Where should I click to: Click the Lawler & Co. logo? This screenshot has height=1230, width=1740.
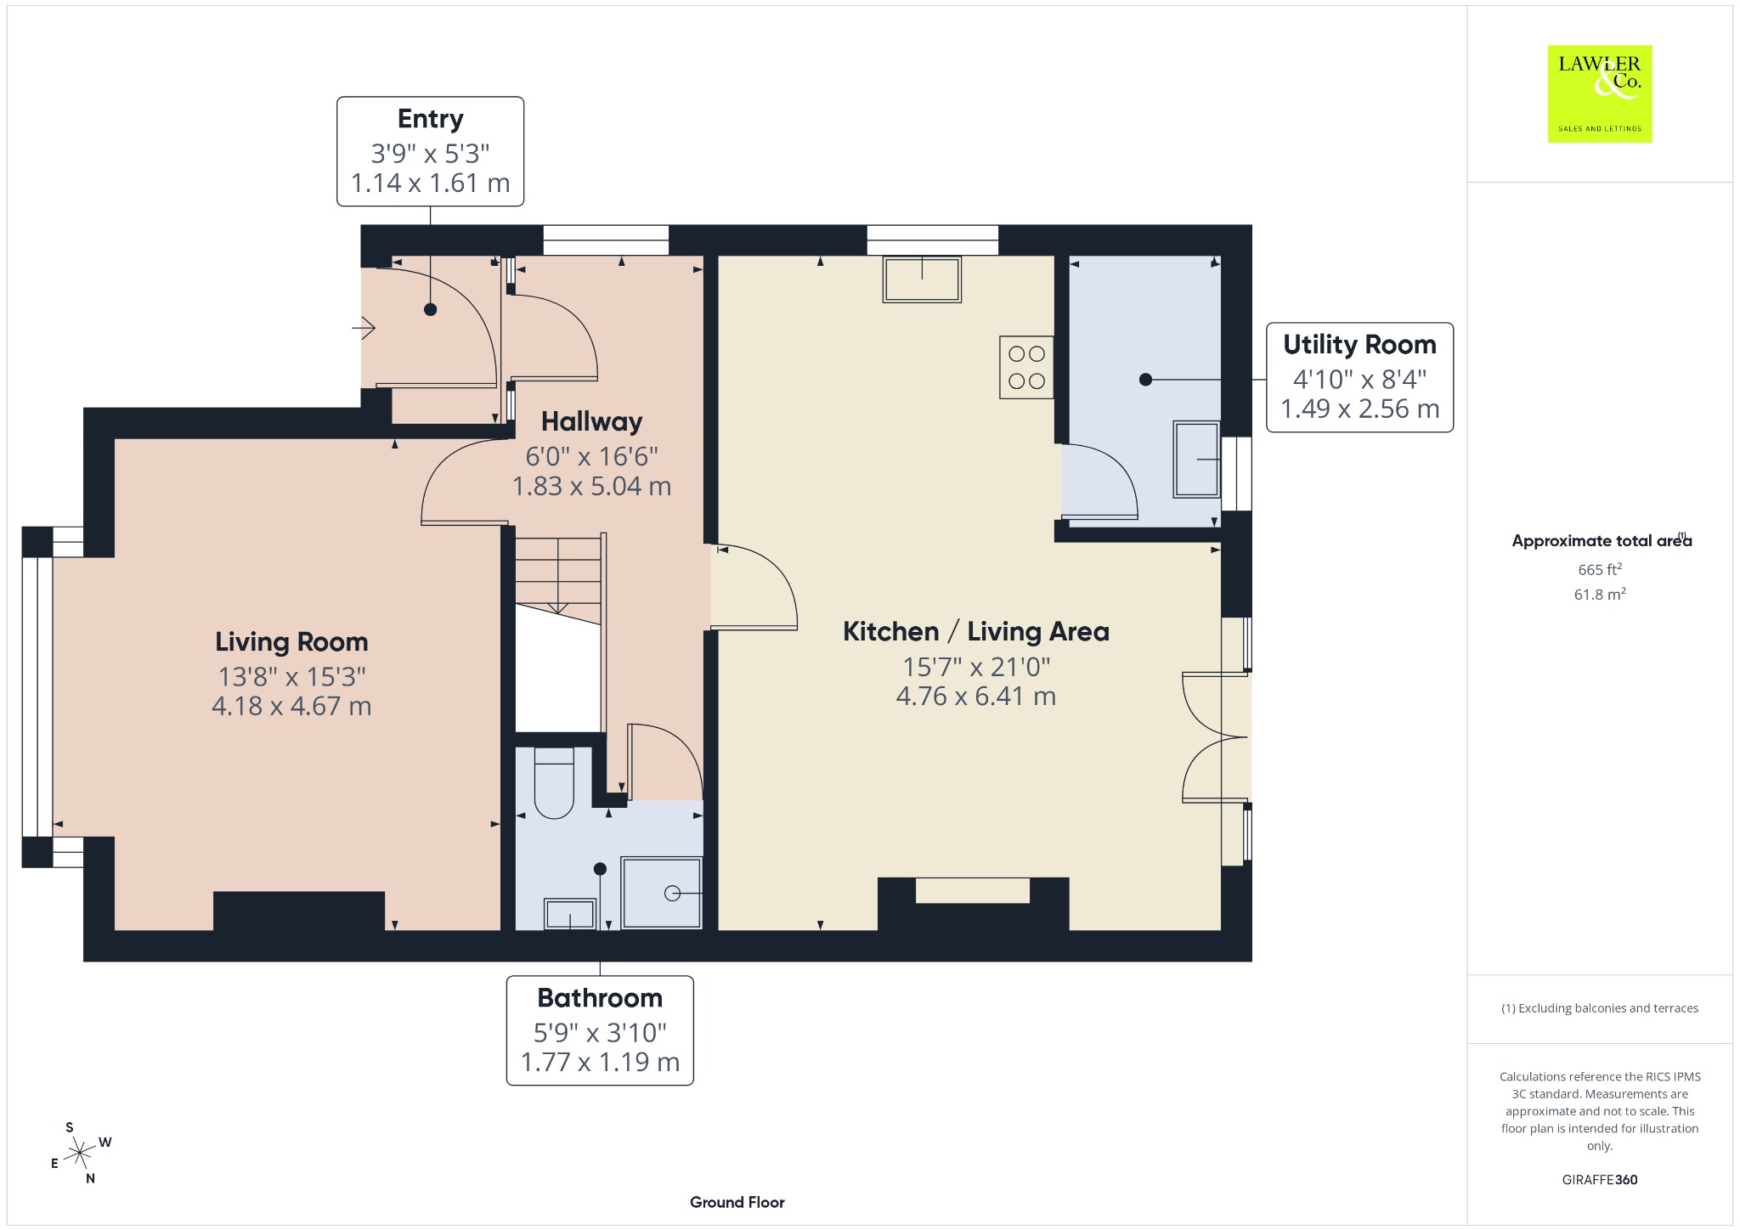(x=1599, y=93)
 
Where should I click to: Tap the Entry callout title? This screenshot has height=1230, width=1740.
(x=430, y=119)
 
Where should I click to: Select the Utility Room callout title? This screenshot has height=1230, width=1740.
(x=1359, y=344)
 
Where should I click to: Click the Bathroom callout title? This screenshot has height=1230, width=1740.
(x=600, y=997)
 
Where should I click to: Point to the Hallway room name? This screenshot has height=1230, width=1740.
(x=591, y=421)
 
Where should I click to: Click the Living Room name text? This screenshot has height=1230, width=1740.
(x=291, y=641)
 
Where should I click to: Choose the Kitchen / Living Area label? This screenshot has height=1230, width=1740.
(x=976, y=631)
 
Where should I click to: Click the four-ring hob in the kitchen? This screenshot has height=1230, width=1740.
(x=1026, y=368)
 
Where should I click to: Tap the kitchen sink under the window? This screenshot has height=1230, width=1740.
(x=922, y=279)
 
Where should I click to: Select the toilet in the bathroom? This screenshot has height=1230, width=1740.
(x=554, y=783)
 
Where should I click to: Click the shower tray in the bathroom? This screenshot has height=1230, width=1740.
(x=662, y=893)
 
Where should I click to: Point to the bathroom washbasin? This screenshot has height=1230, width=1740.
(x=570, y=914)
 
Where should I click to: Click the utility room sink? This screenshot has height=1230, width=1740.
(x=1197, y=459)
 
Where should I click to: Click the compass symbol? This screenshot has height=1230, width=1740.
(x=80, y=1153)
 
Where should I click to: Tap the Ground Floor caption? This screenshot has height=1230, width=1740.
(x=737, y=1202)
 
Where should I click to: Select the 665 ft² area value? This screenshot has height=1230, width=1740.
(x=1600, y=569)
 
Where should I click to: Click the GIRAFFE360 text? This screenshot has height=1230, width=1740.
(x=1600, y=1179)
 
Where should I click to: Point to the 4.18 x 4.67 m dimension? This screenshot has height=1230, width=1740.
(x=291, y=706)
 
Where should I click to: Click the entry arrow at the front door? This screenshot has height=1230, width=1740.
(x=364, y=327)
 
